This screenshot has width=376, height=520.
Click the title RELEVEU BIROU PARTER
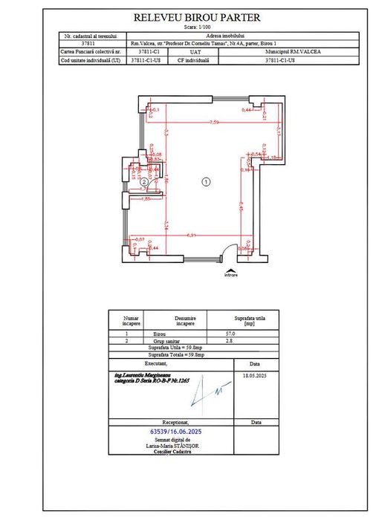click(197, 17)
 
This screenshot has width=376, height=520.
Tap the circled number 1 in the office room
click(206, 181)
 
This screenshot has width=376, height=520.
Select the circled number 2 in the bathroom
click(144, 181)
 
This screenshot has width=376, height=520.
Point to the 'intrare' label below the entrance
click(231, 276)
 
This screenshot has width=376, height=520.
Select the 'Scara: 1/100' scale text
click(196, 27)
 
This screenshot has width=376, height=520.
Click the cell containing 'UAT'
click(195, 53)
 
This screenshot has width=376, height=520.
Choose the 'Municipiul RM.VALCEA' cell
click(279, 53)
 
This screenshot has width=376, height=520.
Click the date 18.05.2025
click(255, 377)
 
